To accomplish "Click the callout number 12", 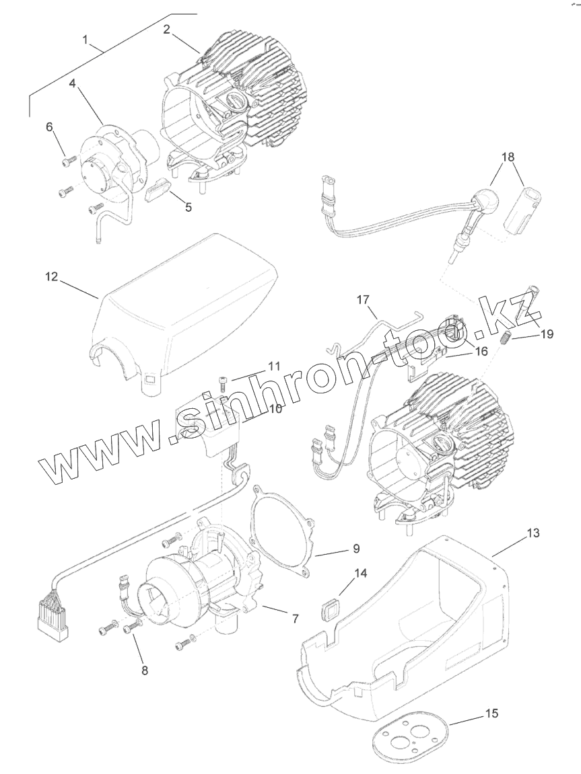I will (x=52, y=276).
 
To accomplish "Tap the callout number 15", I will (x=492, y=713).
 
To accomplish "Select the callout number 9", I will (x=356, y=549).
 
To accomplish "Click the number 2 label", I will (x=166, y=29).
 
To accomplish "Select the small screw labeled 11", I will (x=223, y=382).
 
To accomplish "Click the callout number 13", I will (x=533, y=533).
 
